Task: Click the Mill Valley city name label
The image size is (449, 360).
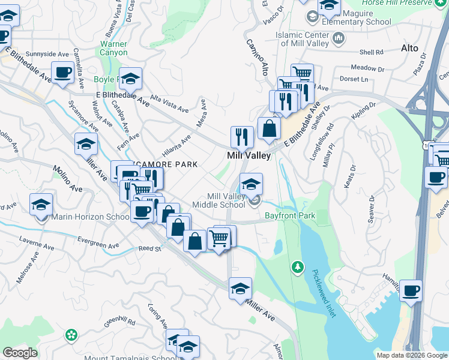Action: click(249, 155)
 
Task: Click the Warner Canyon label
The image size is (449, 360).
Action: click(113, 49)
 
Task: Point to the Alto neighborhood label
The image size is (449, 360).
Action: click(409, 48)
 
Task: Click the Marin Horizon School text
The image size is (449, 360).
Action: click(90, 217)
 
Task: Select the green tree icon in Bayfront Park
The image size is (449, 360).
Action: click(296, 266)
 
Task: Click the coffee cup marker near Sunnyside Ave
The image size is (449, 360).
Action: click(63, 73)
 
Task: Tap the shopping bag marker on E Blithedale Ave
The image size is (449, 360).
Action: click(270, 128)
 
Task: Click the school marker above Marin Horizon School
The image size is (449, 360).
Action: click(41, 205)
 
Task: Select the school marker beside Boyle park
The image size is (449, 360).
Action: click(130, 79)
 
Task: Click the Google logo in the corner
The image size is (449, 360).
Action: click(20, 353)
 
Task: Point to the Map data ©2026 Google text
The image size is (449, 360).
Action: click(411, 355)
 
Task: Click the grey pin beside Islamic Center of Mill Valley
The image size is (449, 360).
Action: click(339, 40)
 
